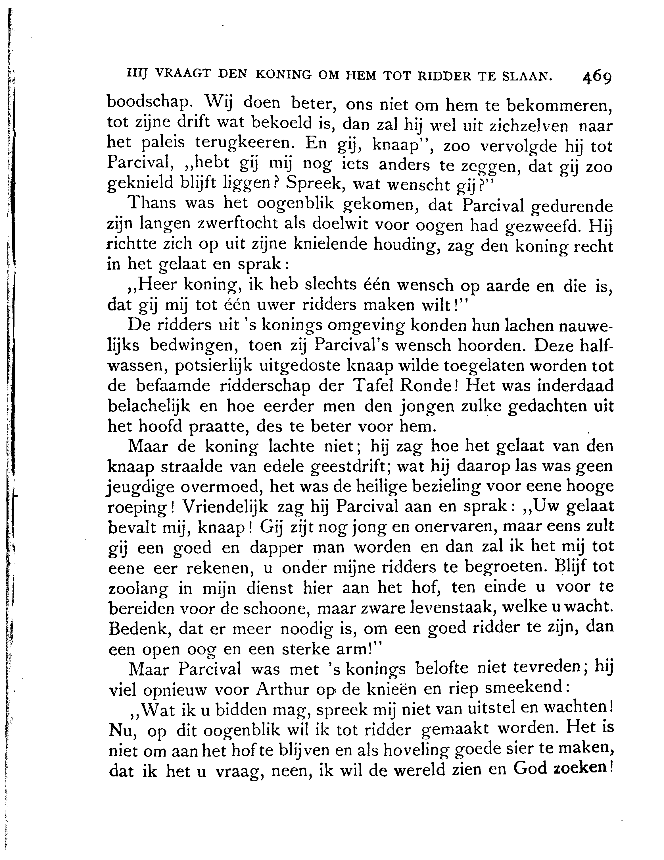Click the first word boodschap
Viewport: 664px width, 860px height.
tap(149, 103)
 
